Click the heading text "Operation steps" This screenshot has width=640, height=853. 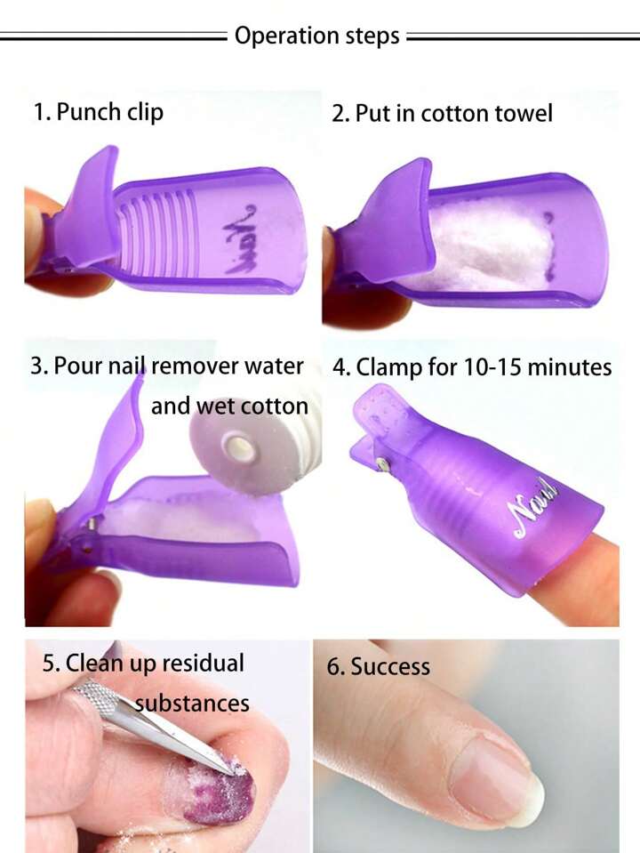(317, 36)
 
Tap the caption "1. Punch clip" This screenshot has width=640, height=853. (99, 112)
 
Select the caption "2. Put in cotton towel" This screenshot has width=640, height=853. (442, 114)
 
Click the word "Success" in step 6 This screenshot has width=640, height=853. (390, 666)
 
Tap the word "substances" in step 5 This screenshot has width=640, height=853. (193, 703)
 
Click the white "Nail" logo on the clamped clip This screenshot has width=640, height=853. (532, 506)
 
